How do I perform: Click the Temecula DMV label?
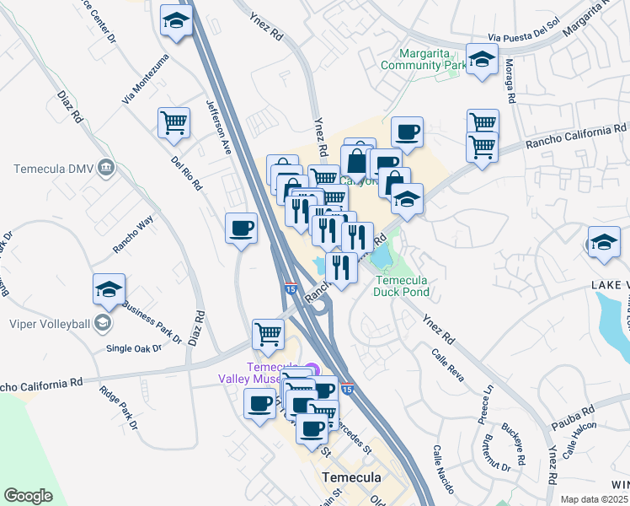pyautogui.click(x=52, y=169)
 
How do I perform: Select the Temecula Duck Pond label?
pyautogui.click(x=403, y=287)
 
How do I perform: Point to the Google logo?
pyautogui.click(x=28, y=496)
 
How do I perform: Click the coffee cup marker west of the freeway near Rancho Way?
pyautogui.click(x=241, y=228)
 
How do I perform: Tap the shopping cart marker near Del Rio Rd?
pyautogui.click(x=174, y=122)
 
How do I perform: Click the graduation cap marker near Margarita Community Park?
pyautogui.click(x=482, y=61)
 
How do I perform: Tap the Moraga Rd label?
pyautogui.click(x=508, y=77)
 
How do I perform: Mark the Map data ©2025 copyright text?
pyautogui.click(x=594, y=499)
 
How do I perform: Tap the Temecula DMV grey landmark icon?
pyautogui.click(x=107, y=168)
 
